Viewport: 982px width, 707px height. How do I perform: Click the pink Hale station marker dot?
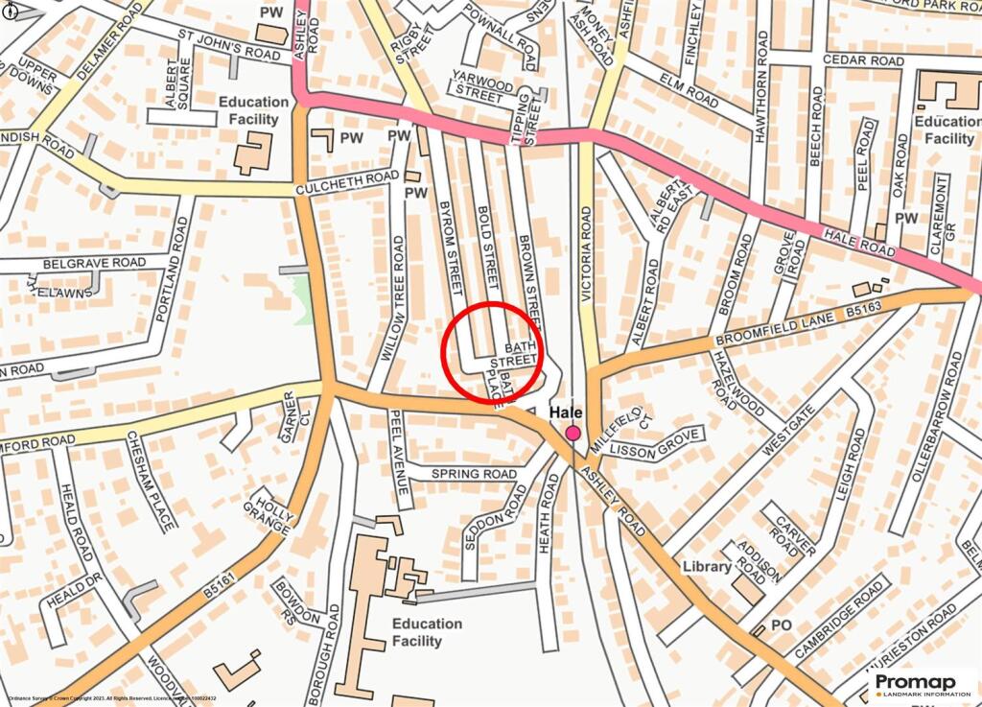pyautogui.click(x=573, y=434)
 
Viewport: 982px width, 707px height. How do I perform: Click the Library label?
pyautogui.click(x=707, y=567)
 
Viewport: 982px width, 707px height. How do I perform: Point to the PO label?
pyautogui.click(x=782, y=625)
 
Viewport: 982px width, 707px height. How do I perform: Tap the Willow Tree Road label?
pyautogui.click(x=394, y=297)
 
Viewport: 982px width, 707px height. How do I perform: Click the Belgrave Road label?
pyautogui.click(x=94, y=263)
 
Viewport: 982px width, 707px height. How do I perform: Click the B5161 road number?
pyautogui.click(x=221, y=580)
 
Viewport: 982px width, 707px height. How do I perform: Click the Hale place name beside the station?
pyautogui.click(x=566, y=412)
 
